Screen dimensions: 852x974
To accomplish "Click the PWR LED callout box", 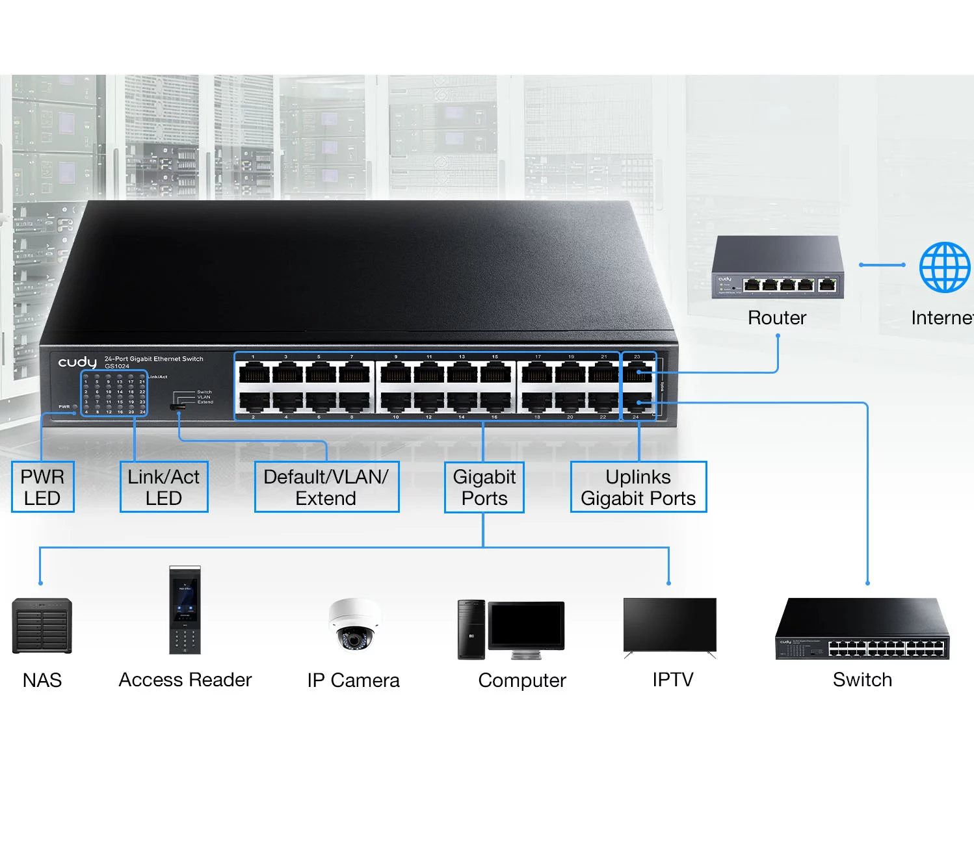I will click(x=43, y=487).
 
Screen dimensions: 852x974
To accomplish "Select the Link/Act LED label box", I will click(x=164, y=487).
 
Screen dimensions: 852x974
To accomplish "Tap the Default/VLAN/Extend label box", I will click(x=326, y=487).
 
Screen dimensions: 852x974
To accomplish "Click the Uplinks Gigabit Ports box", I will click(x=638, y=487).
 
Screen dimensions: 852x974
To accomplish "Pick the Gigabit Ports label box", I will click(x=484, y=487).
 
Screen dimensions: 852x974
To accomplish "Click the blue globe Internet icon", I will click(x=944, y=267).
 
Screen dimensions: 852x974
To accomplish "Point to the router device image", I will click(x=778, y=268).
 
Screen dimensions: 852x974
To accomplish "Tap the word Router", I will click(x=777, y=318).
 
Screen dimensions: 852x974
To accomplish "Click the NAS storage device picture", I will click(x=42, y=626).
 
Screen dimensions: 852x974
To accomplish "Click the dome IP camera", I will click(x=354, y=624).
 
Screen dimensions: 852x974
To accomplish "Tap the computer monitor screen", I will click(x=527, y=625).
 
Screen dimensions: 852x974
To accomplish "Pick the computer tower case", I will click(x=471, y=629).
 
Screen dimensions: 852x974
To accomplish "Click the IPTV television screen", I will click(x=670, y=624).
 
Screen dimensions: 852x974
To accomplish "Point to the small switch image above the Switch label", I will click(x=862, y=629).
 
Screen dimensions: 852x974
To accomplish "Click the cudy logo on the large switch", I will click(x=77, y=362).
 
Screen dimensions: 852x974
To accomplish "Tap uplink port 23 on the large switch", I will click(x=638, y=372).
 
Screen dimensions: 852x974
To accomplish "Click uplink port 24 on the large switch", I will click(x=638, y=403).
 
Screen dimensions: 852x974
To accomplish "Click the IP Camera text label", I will click(x=354, y=680).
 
